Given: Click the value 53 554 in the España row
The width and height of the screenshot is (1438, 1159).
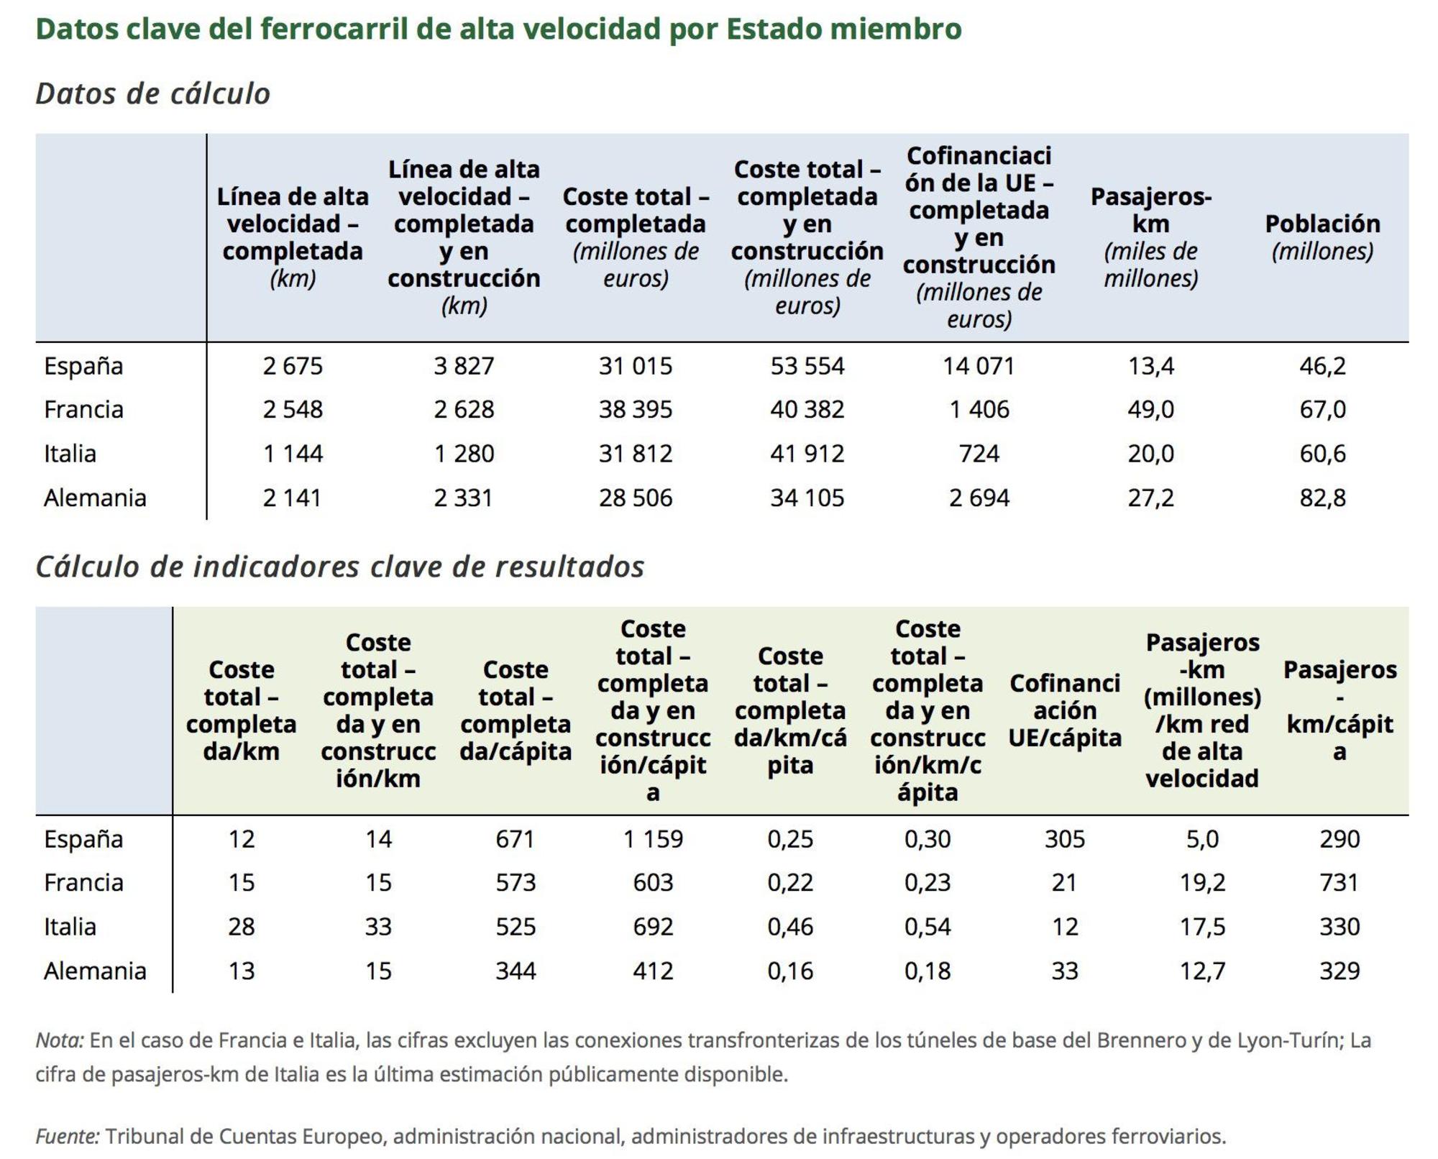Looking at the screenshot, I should (807, 366).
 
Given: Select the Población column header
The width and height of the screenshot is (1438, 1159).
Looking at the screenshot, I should (1322, 237).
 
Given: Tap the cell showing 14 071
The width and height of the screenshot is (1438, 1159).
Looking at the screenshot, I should (978, 366).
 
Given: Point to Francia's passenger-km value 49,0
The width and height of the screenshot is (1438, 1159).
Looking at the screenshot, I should (1150, 410).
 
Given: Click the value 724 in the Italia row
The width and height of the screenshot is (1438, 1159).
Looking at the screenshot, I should (978, 454).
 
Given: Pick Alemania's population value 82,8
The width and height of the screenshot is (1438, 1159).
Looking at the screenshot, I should (1322, 498).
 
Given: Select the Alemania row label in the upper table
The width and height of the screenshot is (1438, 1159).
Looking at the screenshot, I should (95, 498).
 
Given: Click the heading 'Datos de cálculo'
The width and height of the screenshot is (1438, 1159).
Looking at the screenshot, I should (152, 94).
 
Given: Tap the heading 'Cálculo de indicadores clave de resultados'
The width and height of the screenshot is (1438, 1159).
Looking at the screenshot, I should (339, 567).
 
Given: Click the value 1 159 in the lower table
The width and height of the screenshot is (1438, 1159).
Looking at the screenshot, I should (652, 839).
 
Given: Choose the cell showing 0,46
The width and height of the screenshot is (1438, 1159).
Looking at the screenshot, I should (789, 927).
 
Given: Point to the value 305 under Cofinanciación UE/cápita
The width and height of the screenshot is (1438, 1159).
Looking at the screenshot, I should (1064, 839).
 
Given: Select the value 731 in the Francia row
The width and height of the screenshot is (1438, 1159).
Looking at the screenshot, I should (1339, 883).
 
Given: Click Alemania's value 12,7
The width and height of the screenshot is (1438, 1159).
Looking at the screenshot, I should (1201, 971).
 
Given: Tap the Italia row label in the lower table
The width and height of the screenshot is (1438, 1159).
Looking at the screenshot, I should (70, 927).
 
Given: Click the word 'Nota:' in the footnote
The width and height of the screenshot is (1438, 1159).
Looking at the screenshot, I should (60, 1040).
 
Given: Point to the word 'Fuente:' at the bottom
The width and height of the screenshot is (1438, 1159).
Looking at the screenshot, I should (68, 1136).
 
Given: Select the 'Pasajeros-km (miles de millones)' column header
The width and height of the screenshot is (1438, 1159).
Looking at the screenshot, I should (1150, 237).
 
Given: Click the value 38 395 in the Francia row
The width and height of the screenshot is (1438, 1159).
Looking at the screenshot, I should (635, 410).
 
